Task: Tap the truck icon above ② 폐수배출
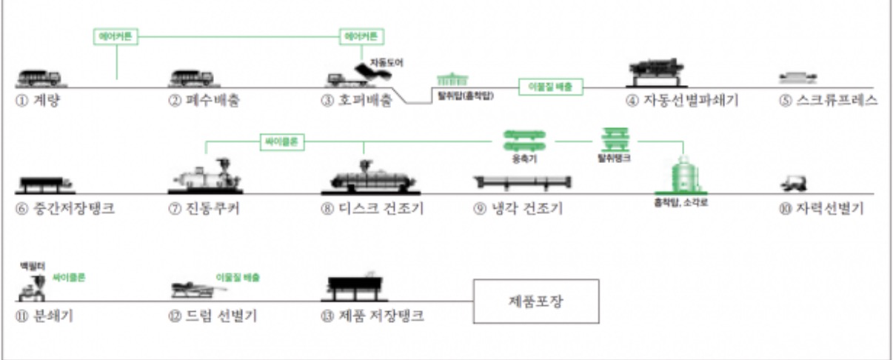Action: [x=192, y=77]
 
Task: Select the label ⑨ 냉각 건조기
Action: [x=518, y=208]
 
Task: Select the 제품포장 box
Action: [x=535, y=301]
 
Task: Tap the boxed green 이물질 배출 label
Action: [x=551, y=87]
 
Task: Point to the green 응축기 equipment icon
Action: [x=524, y=140]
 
